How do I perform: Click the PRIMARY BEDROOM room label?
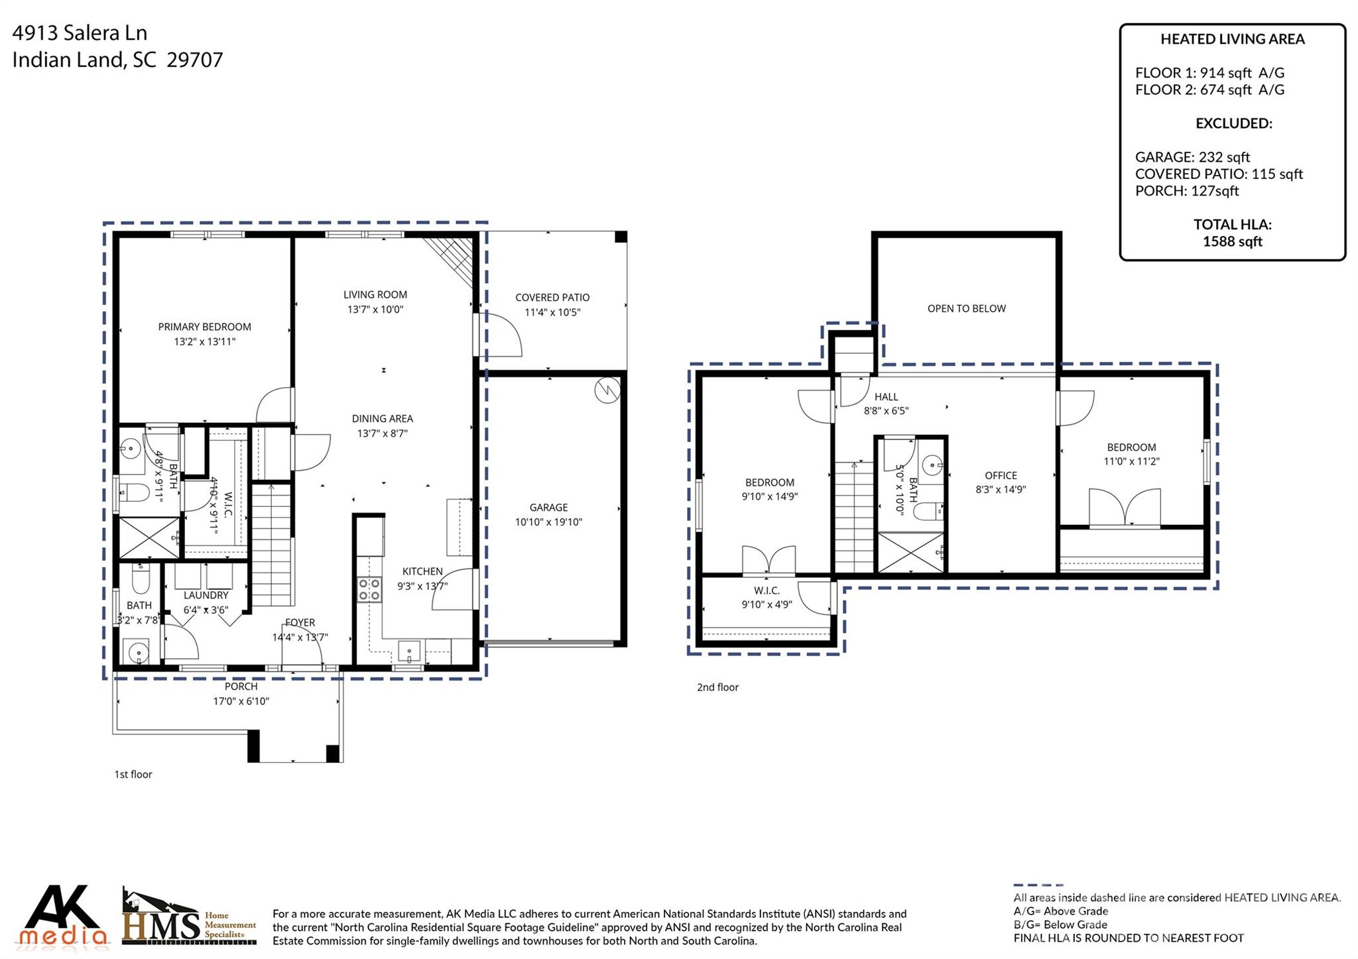coord(204,327)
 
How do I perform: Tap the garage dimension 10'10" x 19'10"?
coord(548,522)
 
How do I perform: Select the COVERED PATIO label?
coord(552,298)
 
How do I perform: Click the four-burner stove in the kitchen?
coord(369,589)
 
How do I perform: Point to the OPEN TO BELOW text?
coord(966,308)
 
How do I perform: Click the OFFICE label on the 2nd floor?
coord(1001,475)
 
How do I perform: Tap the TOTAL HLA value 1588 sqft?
coord(1232,242)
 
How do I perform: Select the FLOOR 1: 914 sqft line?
coord(1209,73)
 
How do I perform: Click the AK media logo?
coord(63,916)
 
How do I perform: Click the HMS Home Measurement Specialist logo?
coord(189,918)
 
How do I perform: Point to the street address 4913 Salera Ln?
coord(80,32)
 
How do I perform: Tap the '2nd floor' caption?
coord(717,687)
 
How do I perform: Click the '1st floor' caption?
coord(133,774)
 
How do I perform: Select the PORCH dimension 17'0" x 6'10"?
coord(241,701)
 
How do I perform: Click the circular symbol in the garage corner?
coord(607,390)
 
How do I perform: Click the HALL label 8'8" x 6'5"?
coord(886,404)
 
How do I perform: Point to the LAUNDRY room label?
coord(206,595)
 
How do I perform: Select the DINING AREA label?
coord(382,418)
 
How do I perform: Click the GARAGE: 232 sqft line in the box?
coord(1192,157)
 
